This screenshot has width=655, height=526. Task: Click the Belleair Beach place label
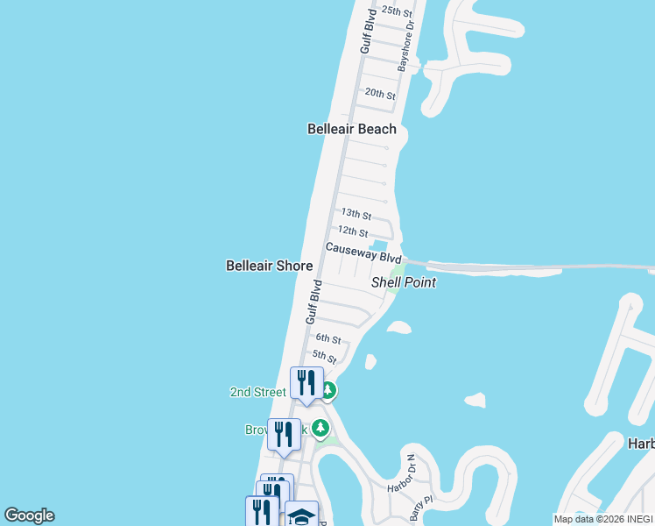(x=351, y=129)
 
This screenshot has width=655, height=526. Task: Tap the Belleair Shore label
(x=269, y=265)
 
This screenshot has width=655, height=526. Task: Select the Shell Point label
(x=404, y=282)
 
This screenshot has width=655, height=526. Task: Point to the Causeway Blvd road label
(x=363, y=253)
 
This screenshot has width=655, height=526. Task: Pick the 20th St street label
(x=380, y=94)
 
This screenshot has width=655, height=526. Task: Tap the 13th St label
(x=356, y=214)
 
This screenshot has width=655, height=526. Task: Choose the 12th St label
(x=352, y=231)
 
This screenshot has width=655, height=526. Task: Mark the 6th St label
(x=327, y=338)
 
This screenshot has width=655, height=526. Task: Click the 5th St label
(x=325, y=358)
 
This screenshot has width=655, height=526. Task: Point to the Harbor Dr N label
(x=405, y=473)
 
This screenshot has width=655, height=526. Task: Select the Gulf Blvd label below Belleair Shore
(x=313, y=302)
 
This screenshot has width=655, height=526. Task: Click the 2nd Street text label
(x=257, y=392)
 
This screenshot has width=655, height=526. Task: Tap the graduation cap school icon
(x=301, y=515)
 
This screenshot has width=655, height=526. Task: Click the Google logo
(x=29, y=515)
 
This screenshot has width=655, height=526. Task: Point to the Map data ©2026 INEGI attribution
(x=602, y=519)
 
